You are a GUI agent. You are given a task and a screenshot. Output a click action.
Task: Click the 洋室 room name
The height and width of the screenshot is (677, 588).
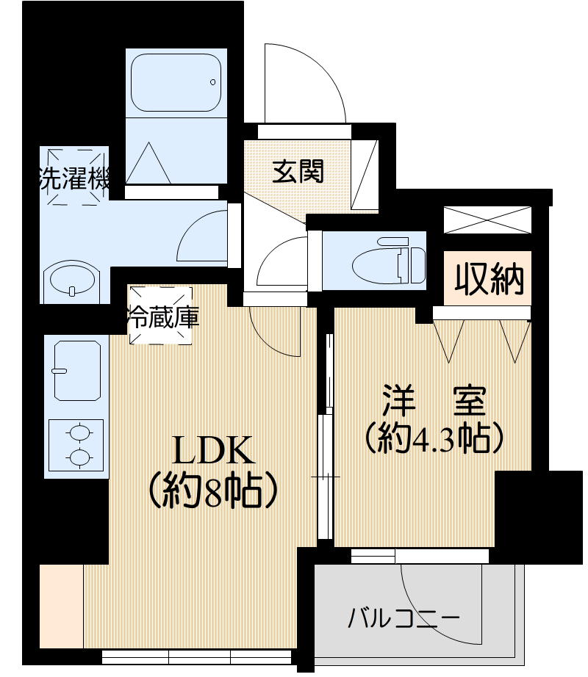click(x=433, y=402)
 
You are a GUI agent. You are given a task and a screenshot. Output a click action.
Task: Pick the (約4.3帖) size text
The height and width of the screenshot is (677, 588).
click(x=434, y=438)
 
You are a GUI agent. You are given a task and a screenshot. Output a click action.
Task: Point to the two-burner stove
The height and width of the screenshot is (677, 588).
click(x=76, y=445)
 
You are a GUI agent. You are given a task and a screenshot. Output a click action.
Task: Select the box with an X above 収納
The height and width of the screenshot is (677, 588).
click(x=487, y=220)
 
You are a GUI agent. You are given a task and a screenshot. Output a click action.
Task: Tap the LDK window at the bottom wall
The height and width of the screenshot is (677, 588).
click(x=198, y=656)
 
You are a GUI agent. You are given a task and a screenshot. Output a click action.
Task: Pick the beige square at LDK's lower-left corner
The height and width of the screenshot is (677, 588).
click(x=61, y=606)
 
